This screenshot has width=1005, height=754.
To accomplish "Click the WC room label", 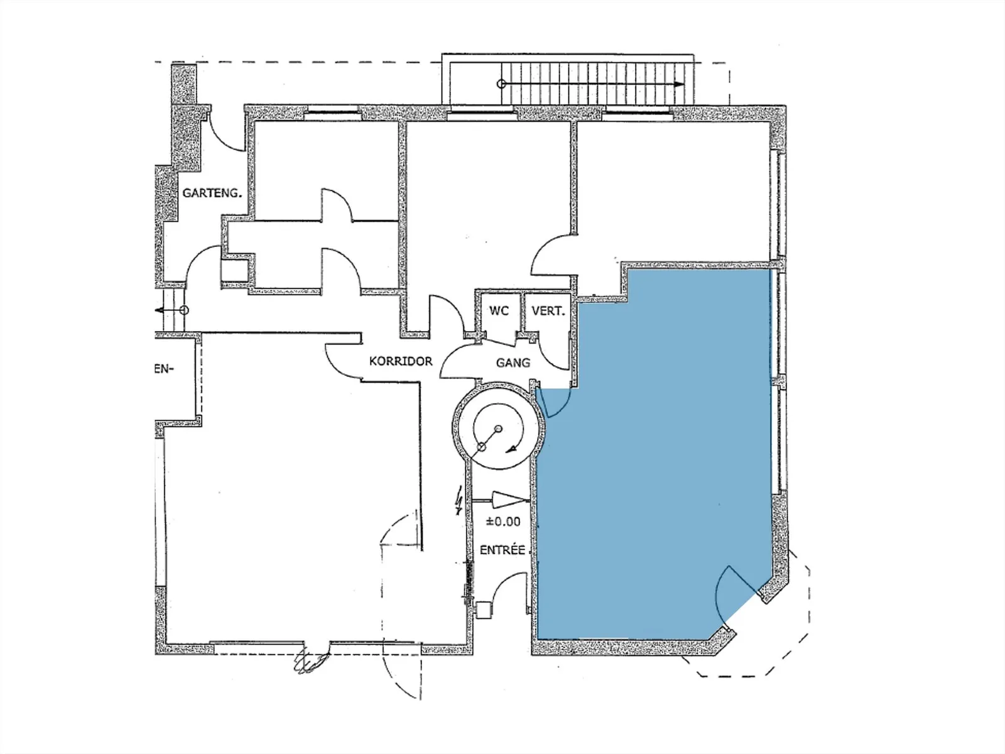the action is click(x=499, y=311).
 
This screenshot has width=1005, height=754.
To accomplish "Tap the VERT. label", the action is click(x=548, y=311).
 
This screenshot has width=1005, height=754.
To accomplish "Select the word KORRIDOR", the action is click(x=401, y=361).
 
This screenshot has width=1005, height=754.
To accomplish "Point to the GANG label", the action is click(x=513, y=363).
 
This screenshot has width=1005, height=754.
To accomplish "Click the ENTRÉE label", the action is click(x=503, y=550).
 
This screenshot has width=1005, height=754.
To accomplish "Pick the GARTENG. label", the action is click(x=212, y=193).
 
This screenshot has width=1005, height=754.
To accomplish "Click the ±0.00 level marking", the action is click(x=503, y=522).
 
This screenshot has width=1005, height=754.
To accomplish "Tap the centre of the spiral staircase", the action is click(x=499, y=429).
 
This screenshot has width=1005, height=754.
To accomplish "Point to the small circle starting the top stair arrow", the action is click(x=501, y=84).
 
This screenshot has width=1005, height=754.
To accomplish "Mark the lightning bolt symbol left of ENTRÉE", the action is click(x=458, y=501).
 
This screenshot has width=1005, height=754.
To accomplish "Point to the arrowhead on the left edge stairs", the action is click(x=160, y=310).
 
